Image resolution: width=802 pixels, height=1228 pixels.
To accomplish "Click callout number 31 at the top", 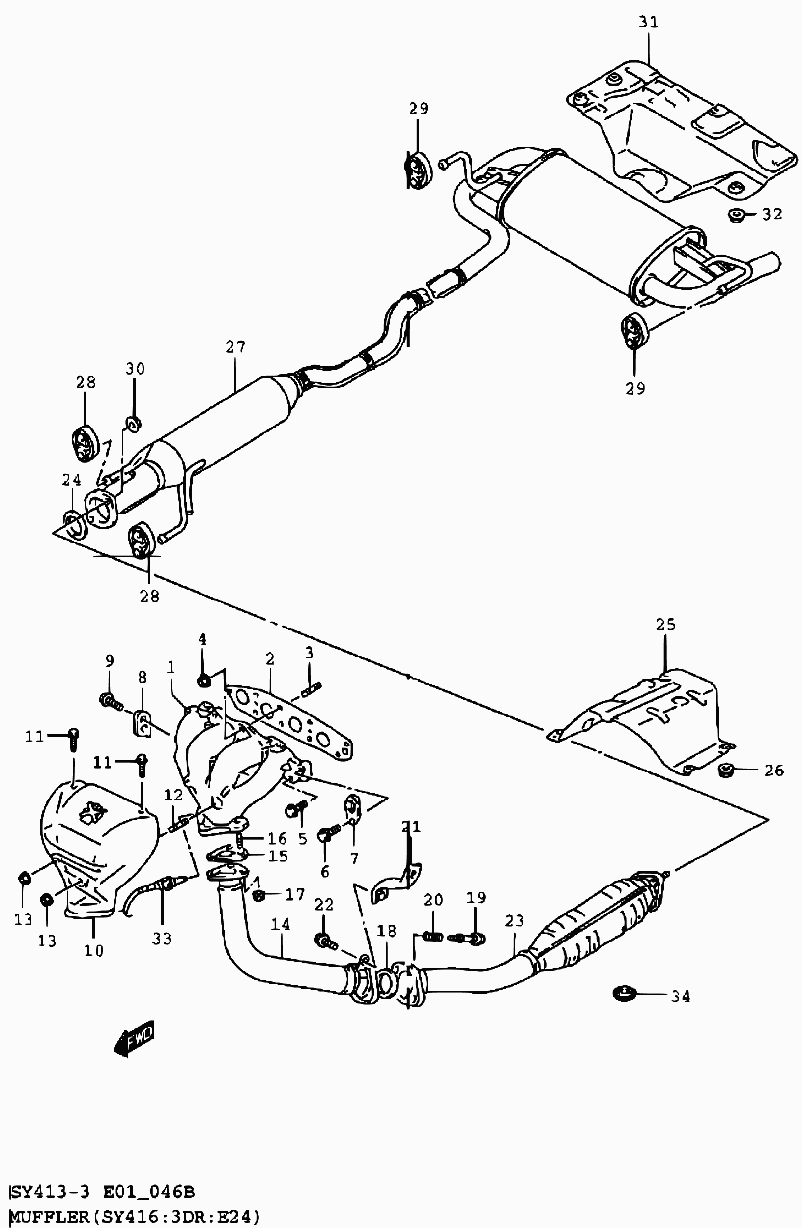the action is pyautogui.click(x=649, y=22).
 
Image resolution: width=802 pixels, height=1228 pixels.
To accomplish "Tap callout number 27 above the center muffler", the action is pyautogui.click(x=235, y=347).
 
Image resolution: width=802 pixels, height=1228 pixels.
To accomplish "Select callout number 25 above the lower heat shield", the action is pyautogui.click(x=666, y=625).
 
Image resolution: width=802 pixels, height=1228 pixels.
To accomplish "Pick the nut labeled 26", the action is pyautogui.click(x=726, y=771).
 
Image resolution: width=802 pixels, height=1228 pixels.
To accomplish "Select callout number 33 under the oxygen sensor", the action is pyautogui.click(x=162, y=939).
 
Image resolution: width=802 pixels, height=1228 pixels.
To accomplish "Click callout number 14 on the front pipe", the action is pyautogui.click(x=281, y=924).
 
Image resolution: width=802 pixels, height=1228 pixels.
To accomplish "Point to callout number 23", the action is pyautogui.click(x=515, y=920).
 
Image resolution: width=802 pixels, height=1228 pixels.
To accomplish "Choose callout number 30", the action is pyautogui.click(x=135, y=369).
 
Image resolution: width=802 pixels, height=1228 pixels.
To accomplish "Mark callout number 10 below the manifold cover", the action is pyautogui.click(x=94, y=950).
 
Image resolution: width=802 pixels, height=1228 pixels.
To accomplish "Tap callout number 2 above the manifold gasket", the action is pyautogui.click(x=269, y=659).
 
